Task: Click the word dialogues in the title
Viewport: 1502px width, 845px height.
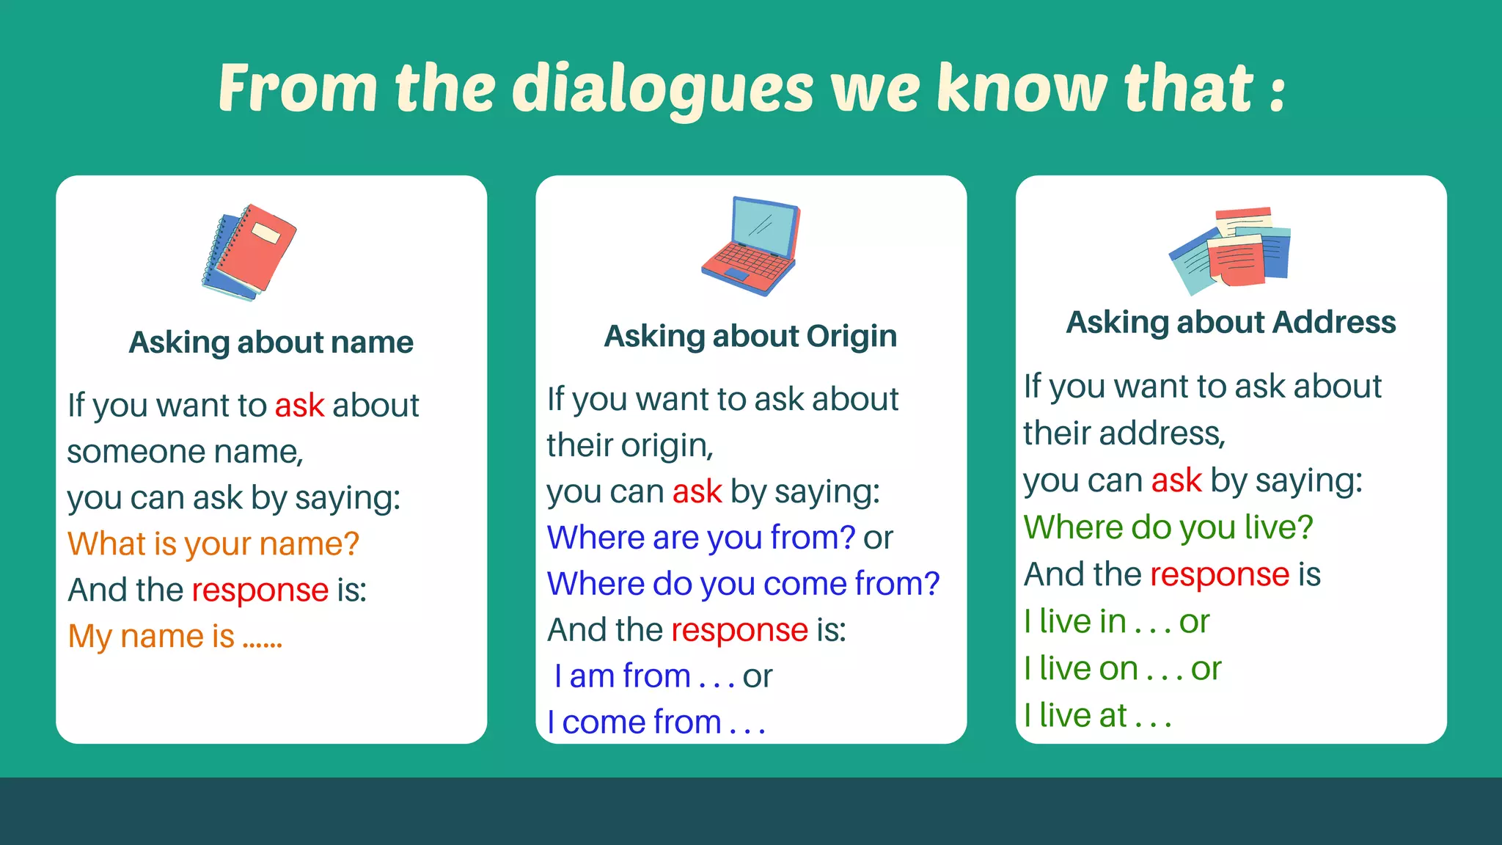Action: pos(662,89)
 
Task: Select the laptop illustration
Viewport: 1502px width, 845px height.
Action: pos(750,246)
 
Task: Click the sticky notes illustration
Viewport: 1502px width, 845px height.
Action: pos(1230,249)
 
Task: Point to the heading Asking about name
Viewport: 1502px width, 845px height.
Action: pos(271,343)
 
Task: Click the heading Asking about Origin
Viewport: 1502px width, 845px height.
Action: pos(750,337)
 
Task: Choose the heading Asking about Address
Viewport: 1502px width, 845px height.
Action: pos(1231,323)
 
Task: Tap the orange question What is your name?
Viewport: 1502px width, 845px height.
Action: pos(213,544)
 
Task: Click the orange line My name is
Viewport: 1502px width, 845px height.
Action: pos(175,637)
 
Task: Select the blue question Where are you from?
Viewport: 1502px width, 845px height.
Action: pos(701,538)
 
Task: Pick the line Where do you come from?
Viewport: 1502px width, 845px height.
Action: pos(743,584)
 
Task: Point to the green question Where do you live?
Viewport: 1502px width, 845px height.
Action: pos(1168,527)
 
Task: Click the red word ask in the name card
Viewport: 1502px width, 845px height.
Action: pos(299,406)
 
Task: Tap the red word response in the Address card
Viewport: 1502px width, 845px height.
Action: pos(1220,574)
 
